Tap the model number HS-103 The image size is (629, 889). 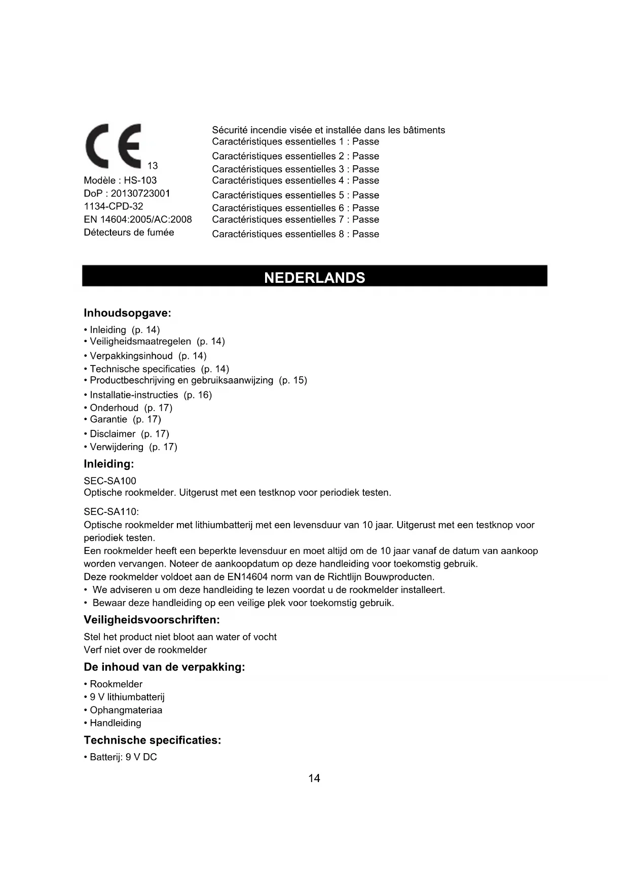click(140, 180)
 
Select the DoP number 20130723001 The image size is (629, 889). click(140, 194)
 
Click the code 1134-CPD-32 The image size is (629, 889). click(114, 206)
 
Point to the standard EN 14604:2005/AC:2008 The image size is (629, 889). click(138, 219)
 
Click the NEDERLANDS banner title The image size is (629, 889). click(314, 278)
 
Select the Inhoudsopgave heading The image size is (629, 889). click(127, 313)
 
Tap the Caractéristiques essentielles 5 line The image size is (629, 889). click(295, 195)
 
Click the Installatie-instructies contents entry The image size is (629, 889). click(151, 395)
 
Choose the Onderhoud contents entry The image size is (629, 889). click(131, 408)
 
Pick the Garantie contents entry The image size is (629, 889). click(125, 419)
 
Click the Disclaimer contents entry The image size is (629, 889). click(129, 434)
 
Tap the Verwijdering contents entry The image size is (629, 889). click(133, 447)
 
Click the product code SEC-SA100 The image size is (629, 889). click(110, 480)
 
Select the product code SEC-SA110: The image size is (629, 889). click(111, 512)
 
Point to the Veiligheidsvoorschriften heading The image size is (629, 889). click(152, 620)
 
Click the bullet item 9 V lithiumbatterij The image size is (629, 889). click(127, 697)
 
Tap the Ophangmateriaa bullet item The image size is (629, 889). click(126, 710)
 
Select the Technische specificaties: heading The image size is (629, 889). click(152, 740)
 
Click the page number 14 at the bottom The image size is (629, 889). click(314, 778)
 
